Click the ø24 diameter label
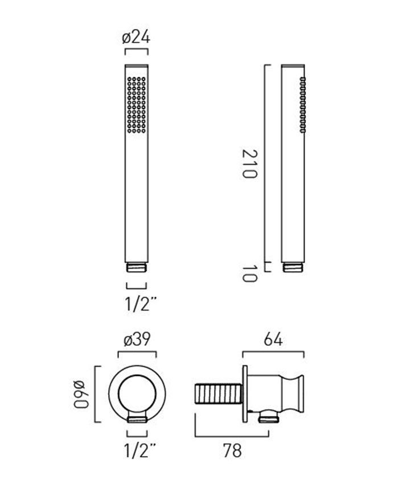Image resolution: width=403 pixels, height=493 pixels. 136,38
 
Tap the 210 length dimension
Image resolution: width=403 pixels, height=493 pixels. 250,164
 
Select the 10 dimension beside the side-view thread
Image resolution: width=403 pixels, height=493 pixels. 250,274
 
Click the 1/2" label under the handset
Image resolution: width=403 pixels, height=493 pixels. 141,304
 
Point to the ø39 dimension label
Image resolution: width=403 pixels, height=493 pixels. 137,339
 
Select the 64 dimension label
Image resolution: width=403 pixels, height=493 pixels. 273,339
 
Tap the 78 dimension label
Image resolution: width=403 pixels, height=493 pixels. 232,450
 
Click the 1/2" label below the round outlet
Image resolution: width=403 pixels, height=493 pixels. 141,450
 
